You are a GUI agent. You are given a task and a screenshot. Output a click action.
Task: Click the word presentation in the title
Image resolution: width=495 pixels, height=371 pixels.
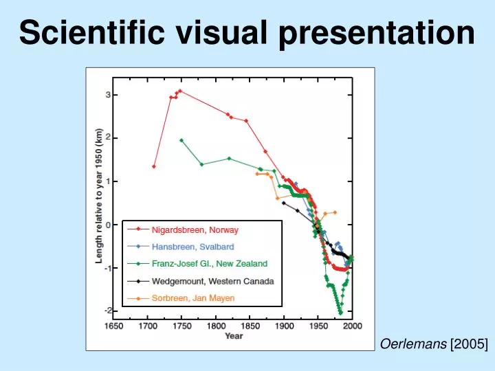377,33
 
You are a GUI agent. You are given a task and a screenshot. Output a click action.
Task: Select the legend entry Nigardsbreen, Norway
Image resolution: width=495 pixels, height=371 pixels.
195,230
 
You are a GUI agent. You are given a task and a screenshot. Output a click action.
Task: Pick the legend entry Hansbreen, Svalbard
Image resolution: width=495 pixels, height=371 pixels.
193,247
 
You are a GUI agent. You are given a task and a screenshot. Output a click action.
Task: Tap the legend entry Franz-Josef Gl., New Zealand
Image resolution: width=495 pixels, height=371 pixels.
210,264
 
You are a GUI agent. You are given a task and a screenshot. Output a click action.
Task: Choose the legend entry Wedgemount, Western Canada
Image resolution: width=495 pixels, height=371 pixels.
212,281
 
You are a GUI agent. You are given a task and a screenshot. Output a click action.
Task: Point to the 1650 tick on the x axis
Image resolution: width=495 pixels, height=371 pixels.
114,326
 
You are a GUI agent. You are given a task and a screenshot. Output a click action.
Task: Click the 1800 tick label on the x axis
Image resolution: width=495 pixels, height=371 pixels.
216,326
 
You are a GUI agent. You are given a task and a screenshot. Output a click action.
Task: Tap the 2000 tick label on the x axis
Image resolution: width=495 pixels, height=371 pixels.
352,326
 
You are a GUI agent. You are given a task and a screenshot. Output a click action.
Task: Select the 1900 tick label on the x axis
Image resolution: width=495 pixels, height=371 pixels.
284,326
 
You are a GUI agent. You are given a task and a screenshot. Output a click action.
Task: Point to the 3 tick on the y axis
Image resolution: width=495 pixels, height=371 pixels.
107,95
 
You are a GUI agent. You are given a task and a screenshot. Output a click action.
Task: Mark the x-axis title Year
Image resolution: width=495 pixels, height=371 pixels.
233,337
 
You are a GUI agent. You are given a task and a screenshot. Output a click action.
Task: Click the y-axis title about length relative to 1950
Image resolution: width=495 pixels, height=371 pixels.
99,196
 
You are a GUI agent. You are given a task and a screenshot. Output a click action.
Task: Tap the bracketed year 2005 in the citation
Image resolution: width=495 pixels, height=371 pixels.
469,362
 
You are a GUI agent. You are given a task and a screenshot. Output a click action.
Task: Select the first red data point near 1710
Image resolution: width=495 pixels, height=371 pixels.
154,166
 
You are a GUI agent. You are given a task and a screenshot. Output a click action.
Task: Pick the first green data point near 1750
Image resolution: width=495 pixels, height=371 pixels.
181,140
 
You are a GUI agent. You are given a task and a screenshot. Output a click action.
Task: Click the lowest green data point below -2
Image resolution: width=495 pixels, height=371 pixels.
340,313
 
